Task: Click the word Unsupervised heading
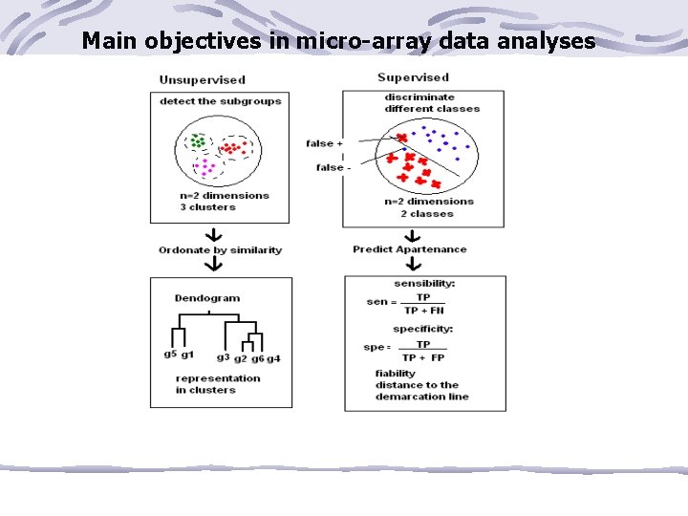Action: (x=202, y=80)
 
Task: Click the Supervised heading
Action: (x=413, y=77)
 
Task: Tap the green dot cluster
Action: (x=198, y=141)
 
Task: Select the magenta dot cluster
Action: (x=205, y=166)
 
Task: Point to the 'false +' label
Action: (x=325, y=143)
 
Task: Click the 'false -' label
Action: (x=333, y=167)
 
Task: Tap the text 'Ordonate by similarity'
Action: (x=220, y=250)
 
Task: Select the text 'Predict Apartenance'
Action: (x=409, y=249)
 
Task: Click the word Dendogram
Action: (x=207, y=298)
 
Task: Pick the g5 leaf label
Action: (x=169, y=355)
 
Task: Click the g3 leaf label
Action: (x=223, y=357)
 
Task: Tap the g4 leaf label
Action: (x=273, y=358)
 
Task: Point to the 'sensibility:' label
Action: (x=424, y=284)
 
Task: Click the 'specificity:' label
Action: (x=422, y=329)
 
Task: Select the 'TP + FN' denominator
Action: (x=423, y=311)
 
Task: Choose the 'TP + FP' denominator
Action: (x=423, y=357)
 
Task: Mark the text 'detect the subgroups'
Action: (x=220, y=101)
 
